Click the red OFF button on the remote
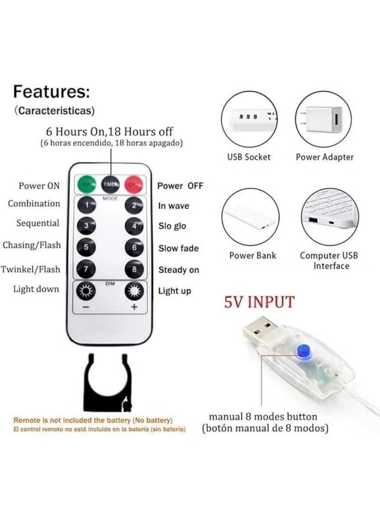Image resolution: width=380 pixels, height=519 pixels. click(x=134, y=184)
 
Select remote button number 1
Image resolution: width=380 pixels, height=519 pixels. click(x=86, y=206)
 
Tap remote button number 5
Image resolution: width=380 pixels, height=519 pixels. click(x=86, y=247)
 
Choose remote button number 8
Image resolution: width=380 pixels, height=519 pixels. click(x=134, y=269)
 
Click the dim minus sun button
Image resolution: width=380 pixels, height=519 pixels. click(x=86, y=291)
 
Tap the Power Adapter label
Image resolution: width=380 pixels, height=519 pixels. click(x=324, y=157)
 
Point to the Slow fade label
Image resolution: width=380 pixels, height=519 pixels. click(x=179, y=248)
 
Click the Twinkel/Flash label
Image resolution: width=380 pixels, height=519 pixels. click(x=31, y=269)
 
